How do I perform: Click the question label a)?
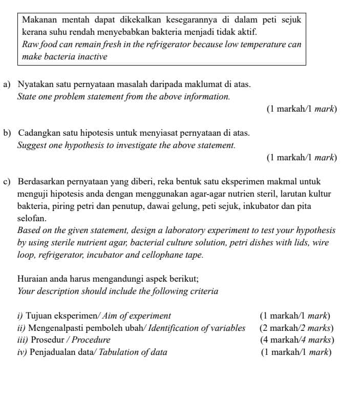(x=7, y=84)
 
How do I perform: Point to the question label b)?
(x=7, y=133)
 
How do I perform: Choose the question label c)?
(x=7, y=182)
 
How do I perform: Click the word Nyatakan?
(x=35, y=84)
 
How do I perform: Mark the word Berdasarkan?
(x=41, y=182)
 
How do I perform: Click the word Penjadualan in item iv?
(x=53, y=352)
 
